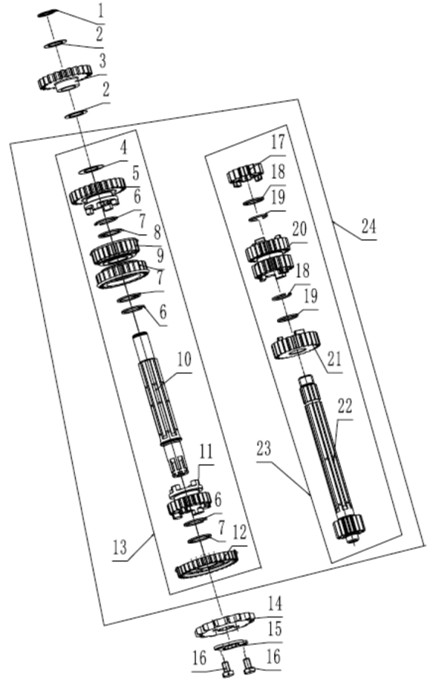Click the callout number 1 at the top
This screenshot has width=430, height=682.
click(x=101, y=11)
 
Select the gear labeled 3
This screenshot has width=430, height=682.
click(x=65, y=78)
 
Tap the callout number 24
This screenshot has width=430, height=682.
click(x=369, y=227)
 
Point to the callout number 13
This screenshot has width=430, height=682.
click(x=120, y=546)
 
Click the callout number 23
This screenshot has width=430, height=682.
click(x=263, y=449)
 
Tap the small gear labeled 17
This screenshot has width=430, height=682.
click(x=245, y=173)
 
